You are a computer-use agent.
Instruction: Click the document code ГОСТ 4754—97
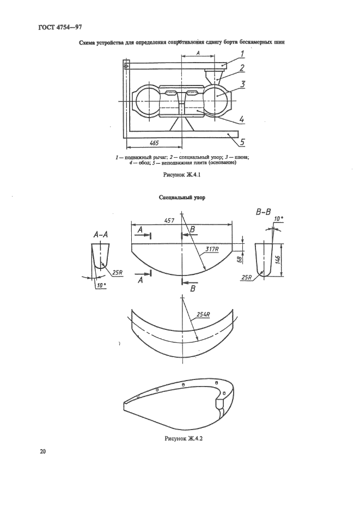59,27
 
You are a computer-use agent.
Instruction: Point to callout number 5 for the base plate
242,142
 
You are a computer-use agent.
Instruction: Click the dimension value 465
154,143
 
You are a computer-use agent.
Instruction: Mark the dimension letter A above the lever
198,52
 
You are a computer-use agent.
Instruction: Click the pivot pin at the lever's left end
126,66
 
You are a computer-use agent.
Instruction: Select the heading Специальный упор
182,198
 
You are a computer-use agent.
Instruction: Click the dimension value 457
169,220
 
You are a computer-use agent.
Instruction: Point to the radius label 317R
212,249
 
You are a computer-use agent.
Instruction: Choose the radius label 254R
204,314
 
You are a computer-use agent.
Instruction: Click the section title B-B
263,213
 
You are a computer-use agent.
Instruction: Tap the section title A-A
101,235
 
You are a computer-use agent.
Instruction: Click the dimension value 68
240,260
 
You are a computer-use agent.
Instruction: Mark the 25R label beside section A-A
117,273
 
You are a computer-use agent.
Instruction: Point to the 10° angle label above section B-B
278,219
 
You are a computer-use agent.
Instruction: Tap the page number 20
42,451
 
